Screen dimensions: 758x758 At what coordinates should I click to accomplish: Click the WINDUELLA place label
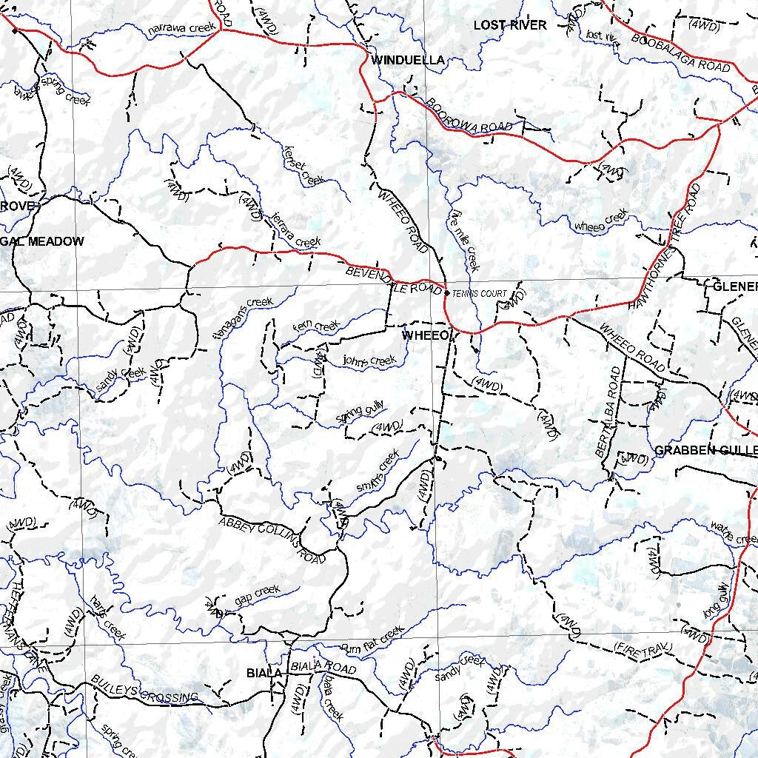tap(408, 60)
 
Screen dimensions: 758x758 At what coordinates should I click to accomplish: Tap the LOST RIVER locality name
tap(510, 25)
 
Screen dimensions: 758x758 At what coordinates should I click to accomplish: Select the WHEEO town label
tap(425, 336)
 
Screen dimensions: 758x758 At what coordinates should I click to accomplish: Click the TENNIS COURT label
tap(480, 294)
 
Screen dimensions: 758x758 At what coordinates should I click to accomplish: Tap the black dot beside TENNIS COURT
tap(446, 293)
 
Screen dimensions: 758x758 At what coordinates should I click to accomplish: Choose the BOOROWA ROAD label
tap(469, 116)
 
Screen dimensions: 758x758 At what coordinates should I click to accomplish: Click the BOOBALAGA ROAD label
tap(681, 52)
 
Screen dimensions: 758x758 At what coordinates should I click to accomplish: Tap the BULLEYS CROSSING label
tap(144, 688)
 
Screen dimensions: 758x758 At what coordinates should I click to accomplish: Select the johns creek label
tap(370, 361)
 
